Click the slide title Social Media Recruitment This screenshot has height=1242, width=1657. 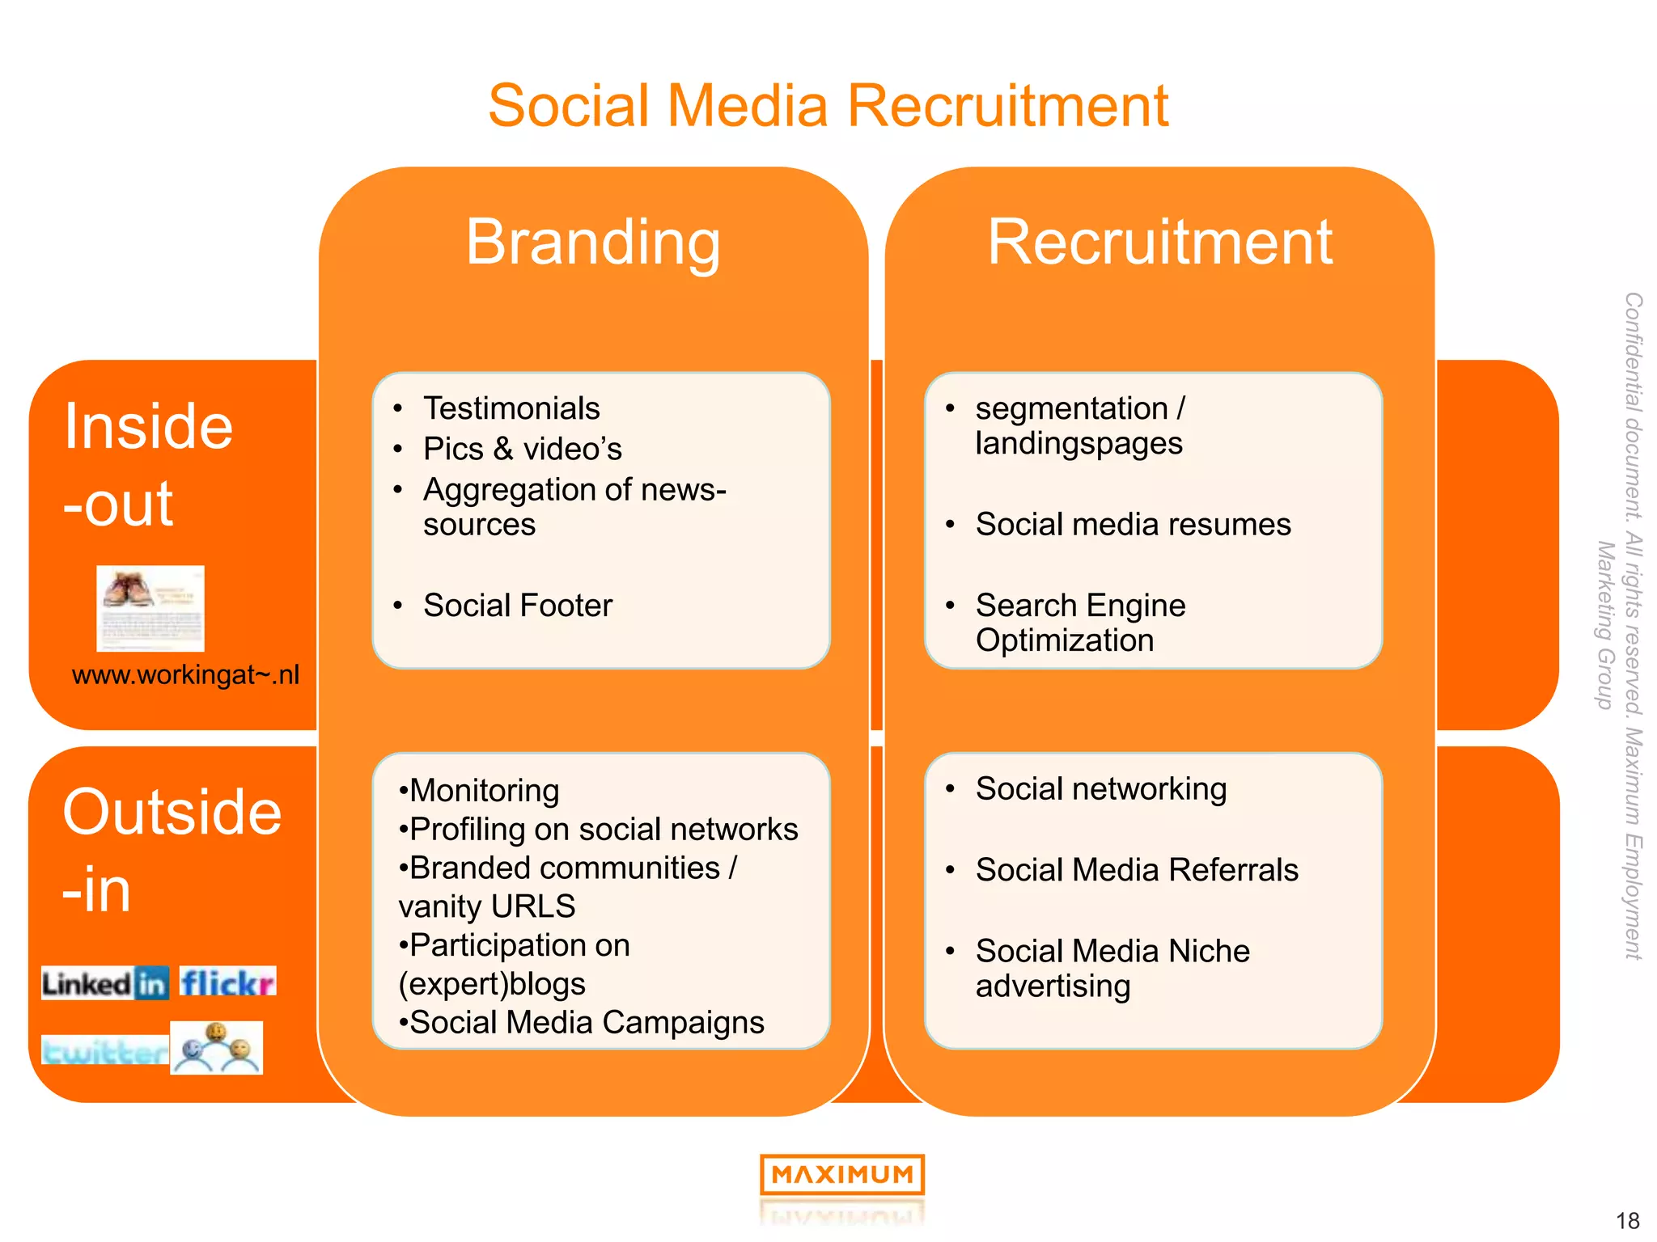828,106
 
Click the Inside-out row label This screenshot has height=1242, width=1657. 148,464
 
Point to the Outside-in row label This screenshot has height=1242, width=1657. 172,850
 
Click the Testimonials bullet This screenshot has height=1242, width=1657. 511,408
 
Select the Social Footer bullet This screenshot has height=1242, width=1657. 518,605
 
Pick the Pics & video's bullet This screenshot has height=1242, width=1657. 523,449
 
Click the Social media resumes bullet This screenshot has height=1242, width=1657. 1133,524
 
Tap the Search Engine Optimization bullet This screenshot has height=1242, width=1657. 1080,622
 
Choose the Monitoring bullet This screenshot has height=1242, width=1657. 484,790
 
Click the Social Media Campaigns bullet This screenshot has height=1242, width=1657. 587,1022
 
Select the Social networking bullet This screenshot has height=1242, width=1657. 1100,788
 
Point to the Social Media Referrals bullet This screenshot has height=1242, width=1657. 1137,869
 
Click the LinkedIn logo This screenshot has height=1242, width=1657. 105,983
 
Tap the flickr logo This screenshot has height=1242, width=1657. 227,982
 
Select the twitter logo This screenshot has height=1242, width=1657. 104,1051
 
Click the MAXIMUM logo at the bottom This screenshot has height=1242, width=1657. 841,1174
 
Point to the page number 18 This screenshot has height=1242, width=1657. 1627,1220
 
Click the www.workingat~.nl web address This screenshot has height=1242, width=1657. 185,674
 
